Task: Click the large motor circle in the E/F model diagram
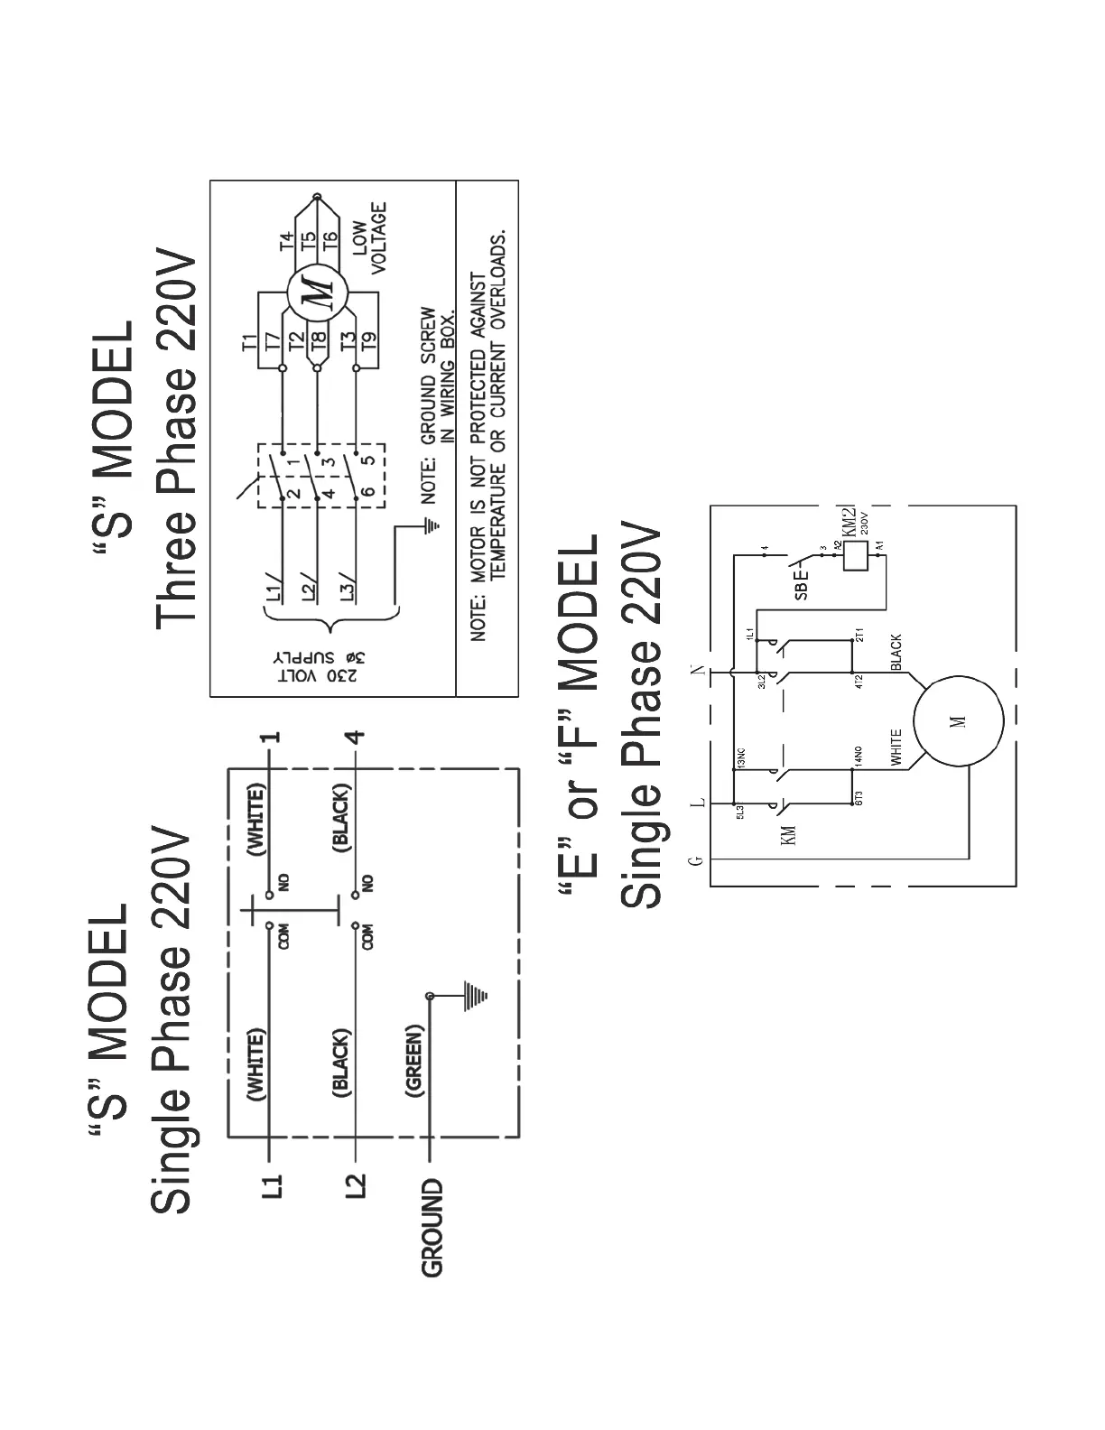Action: click(x=958, y=721)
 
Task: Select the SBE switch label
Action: click(x=802, y=582)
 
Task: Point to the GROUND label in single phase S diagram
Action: click(x=432, y=1227)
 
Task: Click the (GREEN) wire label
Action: click(x=414, y=1061)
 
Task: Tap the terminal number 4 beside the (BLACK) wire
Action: click(x=357, y=735)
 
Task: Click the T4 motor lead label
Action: click(x=286, y=240)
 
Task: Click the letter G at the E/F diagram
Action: click(x=695, y=860)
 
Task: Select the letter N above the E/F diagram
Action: click(x=696, y=671)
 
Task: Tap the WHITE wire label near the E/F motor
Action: click(x=896, y=748)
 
